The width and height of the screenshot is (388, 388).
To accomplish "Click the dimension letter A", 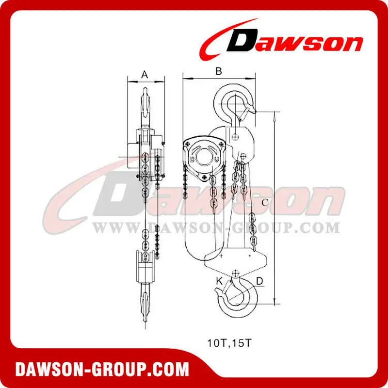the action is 145,75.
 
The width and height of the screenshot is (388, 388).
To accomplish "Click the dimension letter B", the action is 219,71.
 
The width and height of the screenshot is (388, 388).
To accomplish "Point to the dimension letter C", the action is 265,203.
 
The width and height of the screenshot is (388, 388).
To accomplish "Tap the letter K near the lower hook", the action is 220,281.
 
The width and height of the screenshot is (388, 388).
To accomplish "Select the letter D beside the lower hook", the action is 259,281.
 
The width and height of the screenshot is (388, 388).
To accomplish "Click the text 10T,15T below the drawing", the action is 229,343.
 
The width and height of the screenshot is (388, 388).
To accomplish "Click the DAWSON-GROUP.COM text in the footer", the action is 102,370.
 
